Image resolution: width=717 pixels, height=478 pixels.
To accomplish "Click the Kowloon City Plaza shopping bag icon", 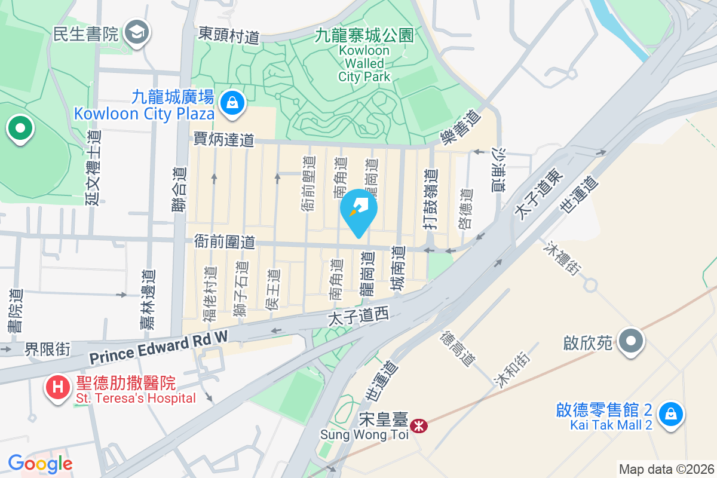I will point(231,103).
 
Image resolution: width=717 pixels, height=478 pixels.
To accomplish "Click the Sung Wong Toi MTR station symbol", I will point(421,426).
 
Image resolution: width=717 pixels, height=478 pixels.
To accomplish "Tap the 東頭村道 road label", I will point(229,35).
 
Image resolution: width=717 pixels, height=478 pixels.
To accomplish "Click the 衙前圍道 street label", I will point(225,242).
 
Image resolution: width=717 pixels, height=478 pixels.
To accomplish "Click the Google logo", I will point(40,463).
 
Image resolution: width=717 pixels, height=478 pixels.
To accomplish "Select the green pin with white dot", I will point(20,128).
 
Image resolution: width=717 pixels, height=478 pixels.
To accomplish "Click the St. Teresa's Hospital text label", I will point(135,398).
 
